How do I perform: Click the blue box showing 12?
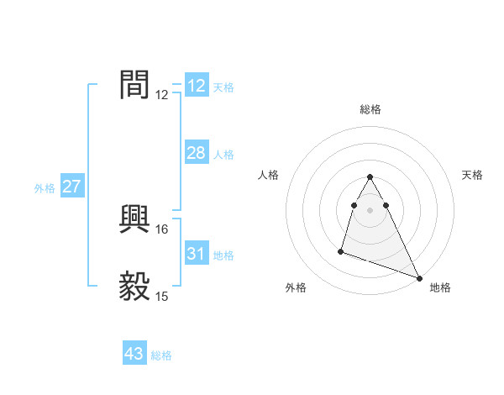[x=197, y=86]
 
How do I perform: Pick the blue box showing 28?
[x=196, y=153]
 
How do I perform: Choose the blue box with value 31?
[x=197, y=254]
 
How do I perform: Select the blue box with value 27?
[x=71, y=187]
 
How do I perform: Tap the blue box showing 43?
[x=134, y=354]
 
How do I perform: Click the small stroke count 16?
[x=162, y=229]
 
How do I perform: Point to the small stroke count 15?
[x=162, y=296]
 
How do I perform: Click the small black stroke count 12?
[x=162, y=94]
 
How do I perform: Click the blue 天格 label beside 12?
[x=223, y=87]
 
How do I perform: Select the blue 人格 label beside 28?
[x=223, y=155]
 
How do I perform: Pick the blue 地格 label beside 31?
[x=223, y=255]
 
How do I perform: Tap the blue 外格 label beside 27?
[x=45, y=188]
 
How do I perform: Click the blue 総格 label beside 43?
[x=161, y=355]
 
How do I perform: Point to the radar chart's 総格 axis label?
[x=370, y=109]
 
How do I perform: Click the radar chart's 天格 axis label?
[x=473, y=175]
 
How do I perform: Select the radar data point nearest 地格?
[x=419, y=277]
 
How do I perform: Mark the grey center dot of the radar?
[x=370, y=209]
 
